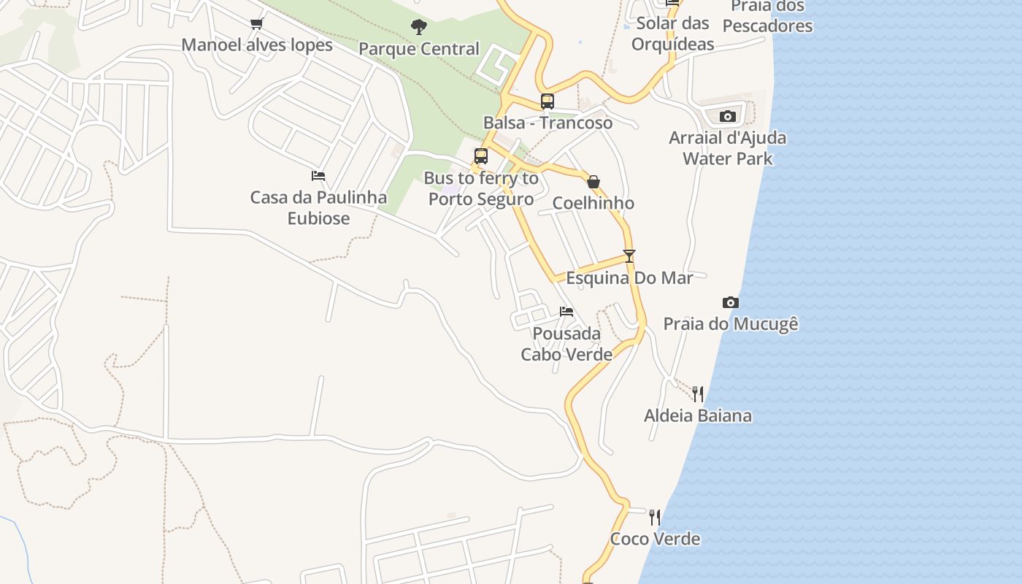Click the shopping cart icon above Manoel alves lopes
[256, 24]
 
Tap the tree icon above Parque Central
[418, 28]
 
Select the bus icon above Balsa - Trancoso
[547, 101]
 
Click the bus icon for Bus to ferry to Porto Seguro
[480, 156]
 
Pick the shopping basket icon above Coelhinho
[593, 182]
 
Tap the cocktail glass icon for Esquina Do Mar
[629, 256]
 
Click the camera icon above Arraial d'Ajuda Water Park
[727, 117]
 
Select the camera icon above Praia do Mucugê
[730, 303]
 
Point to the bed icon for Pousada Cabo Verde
[566, 312]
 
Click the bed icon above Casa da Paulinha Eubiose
[318, 176]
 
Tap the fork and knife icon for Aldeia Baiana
[698, 394]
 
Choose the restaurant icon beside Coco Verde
[655, 518]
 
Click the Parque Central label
[419, 49]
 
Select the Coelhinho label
[593, 203]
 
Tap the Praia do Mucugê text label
[731, 323]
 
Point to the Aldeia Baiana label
[698, 415]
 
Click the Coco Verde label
[655, 539]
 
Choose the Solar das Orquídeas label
[672, 34]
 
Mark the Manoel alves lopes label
[257, 45]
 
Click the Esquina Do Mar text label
[629, 277]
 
